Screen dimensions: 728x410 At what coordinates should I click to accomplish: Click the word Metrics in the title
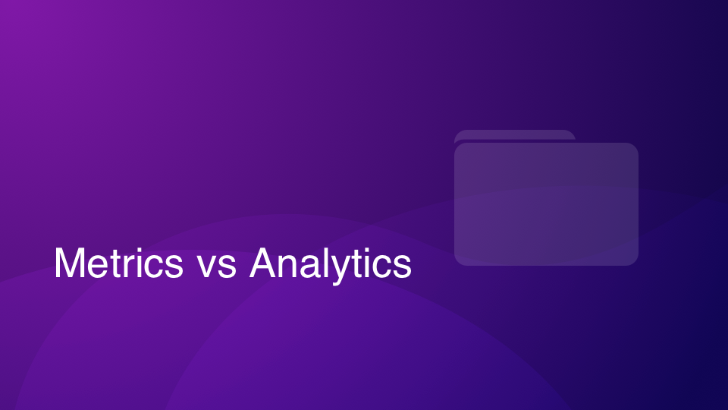click(x=119, y=263)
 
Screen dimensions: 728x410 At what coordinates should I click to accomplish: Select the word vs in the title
click(x=218, y=266)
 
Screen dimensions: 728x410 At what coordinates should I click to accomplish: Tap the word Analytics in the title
click(x=331, y=265)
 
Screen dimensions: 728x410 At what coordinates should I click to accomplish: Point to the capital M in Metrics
click(x=70, y=263)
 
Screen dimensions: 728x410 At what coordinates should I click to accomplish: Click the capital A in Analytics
click(x=264, y=263)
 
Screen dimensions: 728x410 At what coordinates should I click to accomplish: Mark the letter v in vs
click(x=209, y=267)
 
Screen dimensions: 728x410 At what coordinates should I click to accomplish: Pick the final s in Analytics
click(x=403, y=267)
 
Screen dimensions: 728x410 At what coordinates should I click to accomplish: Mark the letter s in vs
click(x=227, y=267)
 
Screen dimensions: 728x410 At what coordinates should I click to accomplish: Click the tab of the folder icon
click(x=514, y=135)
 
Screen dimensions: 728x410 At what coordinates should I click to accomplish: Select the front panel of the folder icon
click(x=546, y=204)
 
